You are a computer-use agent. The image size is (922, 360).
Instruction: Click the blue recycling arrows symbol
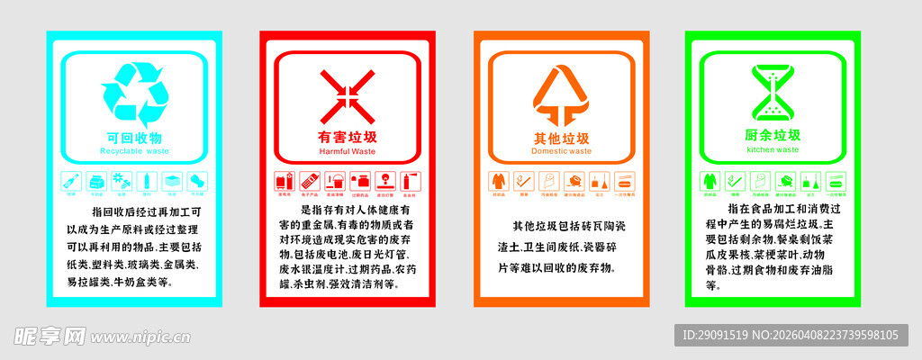coord(135,94)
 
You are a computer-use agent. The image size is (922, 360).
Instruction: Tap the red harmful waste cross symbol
coord(348,95)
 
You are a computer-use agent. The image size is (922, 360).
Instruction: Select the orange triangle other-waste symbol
coord(561,97)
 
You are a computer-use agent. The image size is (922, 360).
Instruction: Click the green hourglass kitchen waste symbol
coord(773,94)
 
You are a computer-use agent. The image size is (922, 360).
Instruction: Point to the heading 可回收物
coord(134,138)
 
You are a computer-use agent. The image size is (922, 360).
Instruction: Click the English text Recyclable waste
coord(134,152)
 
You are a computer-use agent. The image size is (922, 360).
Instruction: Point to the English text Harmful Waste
coord(348,151)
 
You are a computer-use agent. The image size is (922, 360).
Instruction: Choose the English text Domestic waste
coord(561,151)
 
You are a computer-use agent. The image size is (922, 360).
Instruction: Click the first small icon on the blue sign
coord(71,181)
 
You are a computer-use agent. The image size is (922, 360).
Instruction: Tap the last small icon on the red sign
coord(410,181)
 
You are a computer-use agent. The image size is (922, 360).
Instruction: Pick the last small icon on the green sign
coord(836,181)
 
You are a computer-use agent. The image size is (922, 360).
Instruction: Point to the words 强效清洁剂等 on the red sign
coord(362,283)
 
